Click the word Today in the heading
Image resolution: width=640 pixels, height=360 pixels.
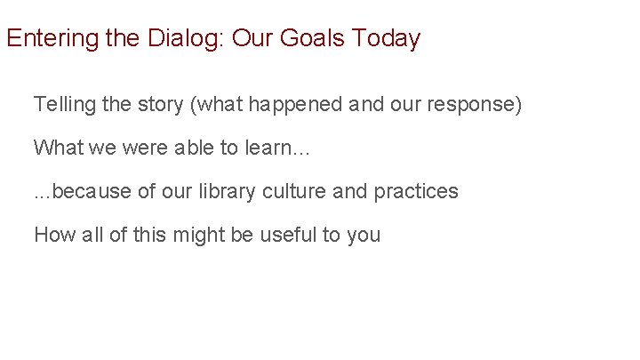click(387, 40)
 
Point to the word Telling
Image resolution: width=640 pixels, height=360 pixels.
click(61, 105)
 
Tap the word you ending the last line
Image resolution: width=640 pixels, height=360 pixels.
click(364, 235)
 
